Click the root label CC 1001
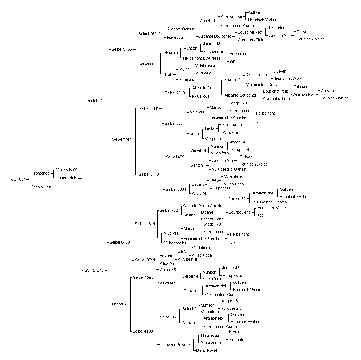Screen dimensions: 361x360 [18, 179]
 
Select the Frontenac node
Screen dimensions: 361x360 [41, 173]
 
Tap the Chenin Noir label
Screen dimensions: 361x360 [41, 187]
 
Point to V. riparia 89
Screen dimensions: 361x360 [67, 170]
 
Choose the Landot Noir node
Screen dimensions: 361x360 [66, 178]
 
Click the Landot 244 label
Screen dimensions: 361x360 [95, 100]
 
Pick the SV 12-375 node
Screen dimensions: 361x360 [94, 271]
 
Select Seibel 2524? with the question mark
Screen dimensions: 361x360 [149, 34]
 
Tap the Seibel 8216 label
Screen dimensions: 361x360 [121, 140]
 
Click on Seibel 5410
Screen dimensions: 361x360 [149, 174]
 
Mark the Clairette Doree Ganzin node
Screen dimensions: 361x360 [203, 206]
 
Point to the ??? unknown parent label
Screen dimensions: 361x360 [260, 216]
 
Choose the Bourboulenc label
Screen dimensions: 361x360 [239, 212]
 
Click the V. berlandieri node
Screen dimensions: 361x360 [176, 243]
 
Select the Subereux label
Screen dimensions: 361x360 [118, 304]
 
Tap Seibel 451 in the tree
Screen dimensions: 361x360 [169, 270]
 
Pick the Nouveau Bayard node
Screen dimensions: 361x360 [175, 345]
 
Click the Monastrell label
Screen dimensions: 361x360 [238, 340]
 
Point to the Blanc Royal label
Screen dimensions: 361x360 [206, 350]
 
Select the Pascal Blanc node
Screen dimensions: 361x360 [212, 219]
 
